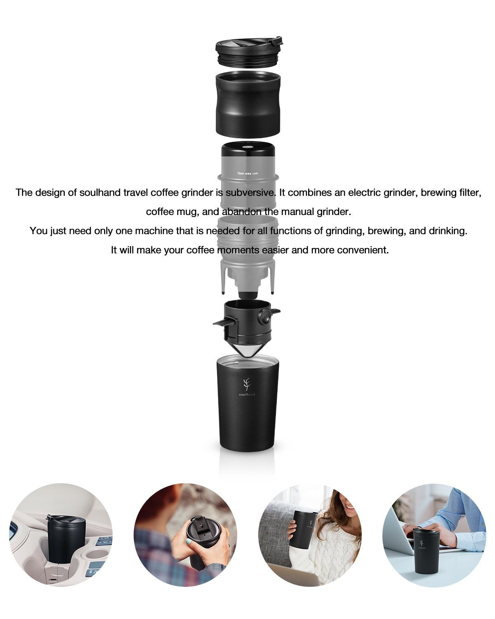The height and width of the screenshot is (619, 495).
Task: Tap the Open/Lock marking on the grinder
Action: [x=247, y=174]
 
